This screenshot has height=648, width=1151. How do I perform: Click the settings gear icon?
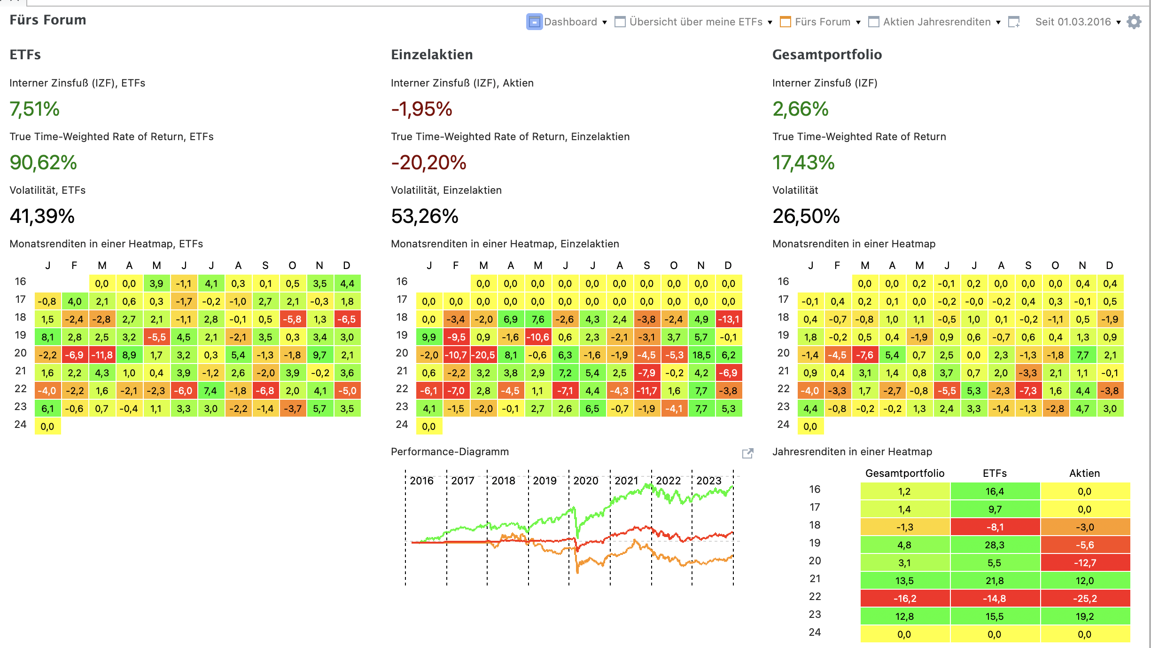[x=1134, y=22]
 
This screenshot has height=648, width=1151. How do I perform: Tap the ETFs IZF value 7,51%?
[x=35, y=109]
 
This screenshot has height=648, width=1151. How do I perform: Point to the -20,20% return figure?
[x=428, y=163]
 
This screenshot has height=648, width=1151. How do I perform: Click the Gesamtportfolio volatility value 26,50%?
[x=806, y=216]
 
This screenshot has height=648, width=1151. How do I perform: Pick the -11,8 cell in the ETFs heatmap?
[x=102, y=355]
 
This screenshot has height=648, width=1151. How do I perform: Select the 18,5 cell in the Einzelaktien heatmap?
[x=701, y=355]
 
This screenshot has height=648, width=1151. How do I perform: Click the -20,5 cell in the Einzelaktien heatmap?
[x=483, y=355]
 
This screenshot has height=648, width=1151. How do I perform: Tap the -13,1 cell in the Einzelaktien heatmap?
[x=728, y=319]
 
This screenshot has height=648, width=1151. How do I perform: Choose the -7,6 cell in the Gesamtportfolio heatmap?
[x=864, y=355]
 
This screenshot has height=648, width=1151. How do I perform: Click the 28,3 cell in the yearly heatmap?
[x=995, y=545]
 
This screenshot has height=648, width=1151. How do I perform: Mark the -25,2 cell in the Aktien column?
[x=1085, y=599]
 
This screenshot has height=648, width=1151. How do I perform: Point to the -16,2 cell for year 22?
[x=904, y=599]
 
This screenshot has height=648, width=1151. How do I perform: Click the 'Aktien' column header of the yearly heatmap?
[x=1085, y=473]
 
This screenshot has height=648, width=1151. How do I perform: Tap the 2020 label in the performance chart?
[x=586, y=481]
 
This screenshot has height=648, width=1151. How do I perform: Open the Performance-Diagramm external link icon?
[x=747, y=453]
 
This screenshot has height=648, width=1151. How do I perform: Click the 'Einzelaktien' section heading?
[x=432, y=55]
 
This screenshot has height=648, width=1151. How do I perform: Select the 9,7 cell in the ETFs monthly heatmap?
[x=319, y=355]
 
